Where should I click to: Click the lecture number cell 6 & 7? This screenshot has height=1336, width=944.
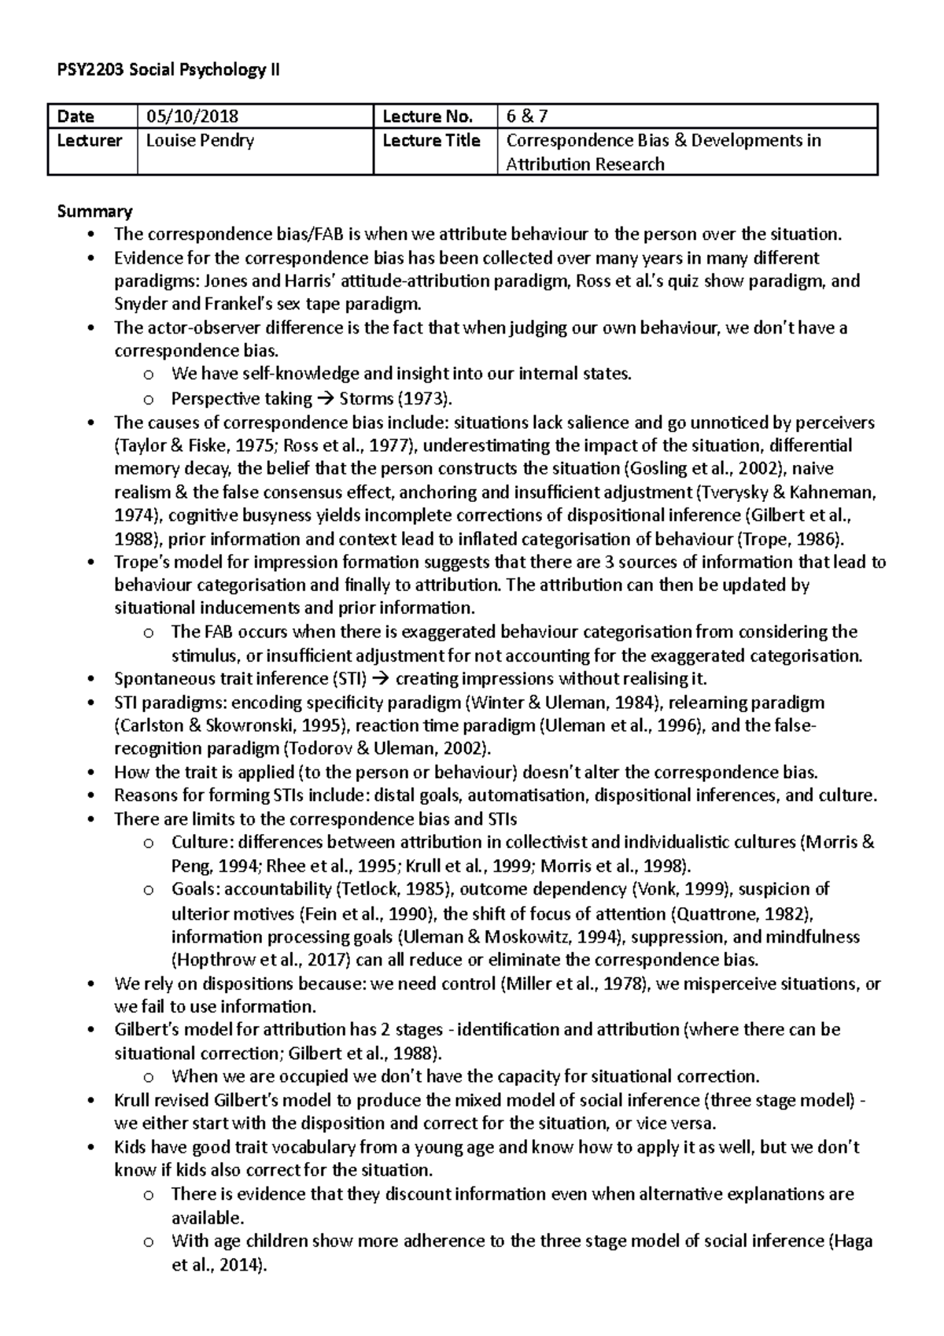click(527, 117)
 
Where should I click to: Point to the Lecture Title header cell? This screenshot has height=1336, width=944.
click(431, 141)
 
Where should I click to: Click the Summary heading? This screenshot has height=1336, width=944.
click(94, 211)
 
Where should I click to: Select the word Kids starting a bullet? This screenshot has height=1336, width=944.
click(130, 1147)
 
